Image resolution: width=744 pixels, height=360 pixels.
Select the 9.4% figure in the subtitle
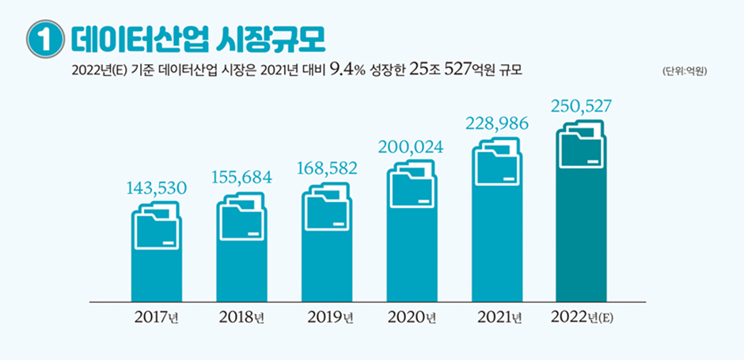[345, 71]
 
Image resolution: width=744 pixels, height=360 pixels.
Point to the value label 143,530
[157, 188]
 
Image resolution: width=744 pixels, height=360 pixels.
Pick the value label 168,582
[327, 167]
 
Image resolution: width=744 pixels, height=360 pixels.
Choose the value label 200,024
[411, 146]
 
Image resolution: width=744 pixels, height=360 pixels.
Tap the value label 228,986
[496, 124]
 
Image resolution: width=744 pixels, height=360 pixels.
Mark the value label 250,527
[581, 106]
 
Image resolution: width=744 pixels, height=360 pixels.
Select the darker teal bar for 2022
[581, 237]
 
